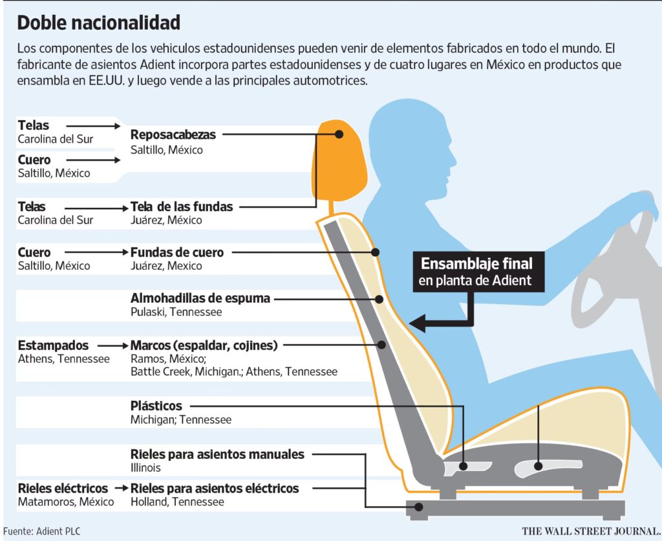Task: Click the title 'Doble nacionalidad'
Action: pyautogui.click(x=99, y=23)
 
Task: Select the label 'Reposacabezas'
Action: pyautogui.click(x=173, y=134)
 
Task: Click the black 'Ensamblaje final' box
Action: pyautogui.click(x=478, y=272)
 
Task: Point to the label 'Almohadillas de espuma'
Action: pyautogui.click(x=200, y=298)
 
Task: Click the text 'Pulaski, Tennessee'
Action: pyautogui.click(x=176, y=312)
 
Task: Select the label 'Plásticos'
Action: pyautogui.click(x=156, y=405)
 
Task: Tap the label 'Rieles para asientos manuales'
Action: pyautogui.click(x=217, y=454)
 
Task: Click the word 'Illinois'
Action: pyautogui.click(x=145, y=467)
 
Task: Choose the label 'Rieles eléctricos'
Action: pyautogui.click(x=63, y=488)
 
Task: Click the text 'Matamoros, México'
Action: pyautogui.click(x=66, y=502)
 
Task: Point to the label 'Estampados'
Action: pyautogui.click(x=53, y=345)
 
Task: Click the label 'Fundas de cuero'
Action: pyautogui.click(x=177, y=252)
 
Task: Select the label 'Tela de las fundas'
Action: pyautogui.click(x=182, y=207)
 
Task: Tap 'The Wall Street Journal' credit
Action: pyautogui.click(x=591, y=531)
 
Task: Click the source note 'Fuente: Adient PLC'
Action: pyautogui.click(x=42, y=531)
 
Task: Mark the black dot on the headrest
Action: pyautogui.click(x=339, y=134)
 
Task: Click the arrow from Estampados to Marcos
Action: pyautogui.click(x=112, y=346)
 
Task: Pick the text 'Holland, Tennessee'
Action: pyautogui.click(x=177, y=502)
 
